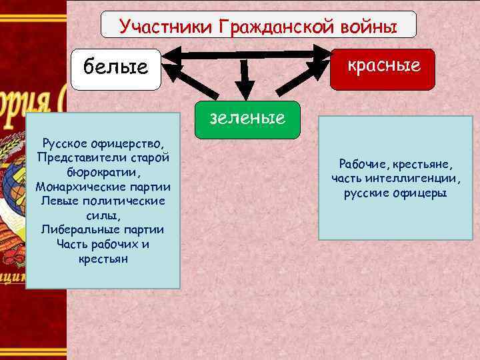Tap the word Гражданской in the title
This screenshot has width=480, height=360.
pos(266,27)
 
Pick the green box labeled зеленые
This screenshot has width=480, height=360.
pos(247,119)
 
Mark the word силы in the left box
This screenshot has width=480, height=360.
pos(100,215)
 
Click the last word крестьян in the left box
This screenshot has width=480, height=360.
pos(103,259)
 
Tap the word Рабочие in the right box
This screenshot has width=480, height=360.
pos(361,164)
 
